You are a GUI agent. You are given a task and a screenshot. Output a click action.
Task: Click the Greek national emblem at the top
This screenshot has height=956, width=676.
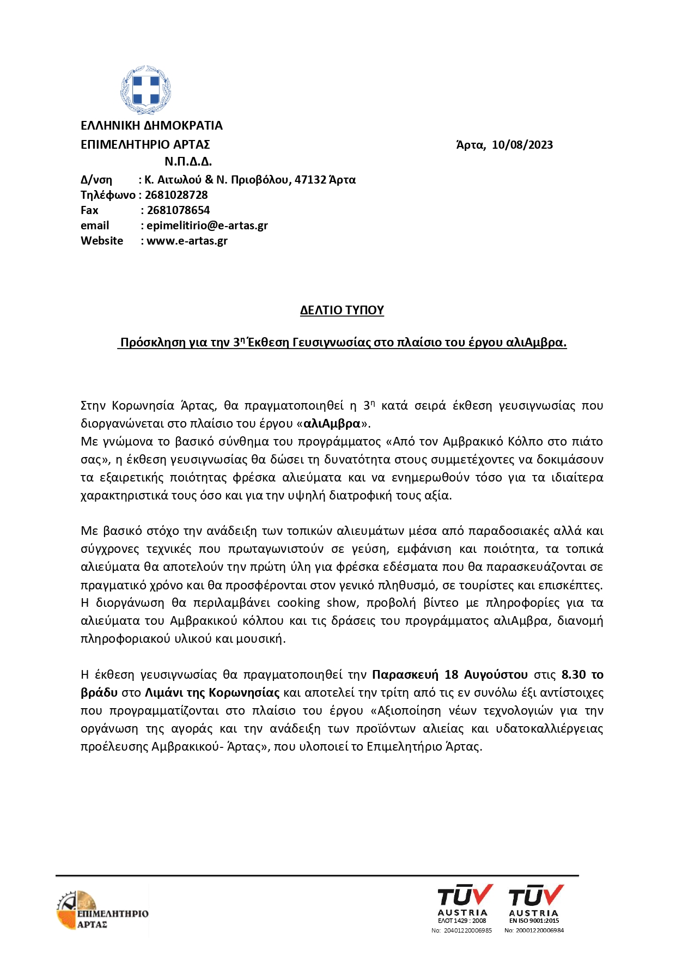(x=145, y=89)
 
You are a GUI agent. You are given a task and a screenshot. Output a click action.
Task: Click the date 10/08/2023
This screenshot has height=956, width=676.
(x=522, y=145)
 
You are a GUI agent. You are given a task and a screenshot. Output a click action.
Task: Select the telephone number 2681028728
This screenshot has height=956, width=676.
(x=176, y=195)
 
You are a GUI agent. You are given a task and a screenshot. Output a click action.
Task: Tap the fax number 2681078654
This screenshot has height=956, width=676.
(x=178, y=210)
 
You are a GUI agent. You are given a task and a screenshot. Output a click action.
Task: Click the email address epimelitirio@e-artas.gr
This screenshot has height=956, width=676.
(x=207, y=226)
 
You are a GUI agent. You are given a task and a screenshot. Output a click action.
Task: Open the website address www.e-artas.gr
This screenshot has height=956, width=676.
(x=187, y=241)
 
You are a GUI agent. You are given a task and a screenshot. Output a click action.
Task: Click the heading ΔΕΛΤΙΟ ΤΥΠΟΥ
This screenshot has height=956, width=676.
(x=342, y=310)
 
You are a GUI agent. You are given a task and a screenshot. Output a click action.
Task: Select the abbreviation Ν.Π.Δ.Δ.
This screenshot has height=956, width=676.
(x=188, y=161)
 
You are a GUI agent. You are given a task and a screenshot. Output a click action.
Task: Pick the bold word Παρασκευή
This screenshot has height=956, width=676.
(x=405, y=675)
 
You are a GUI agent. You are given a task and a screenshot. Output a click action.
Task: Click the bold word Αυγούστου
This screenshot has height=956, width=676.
(x=496, y=675)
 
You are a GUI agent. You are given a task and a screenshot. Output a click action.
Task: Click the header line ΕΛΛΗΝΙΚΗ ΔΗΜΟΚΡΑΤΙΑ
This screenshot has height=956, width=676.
(x=151, y=126)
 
